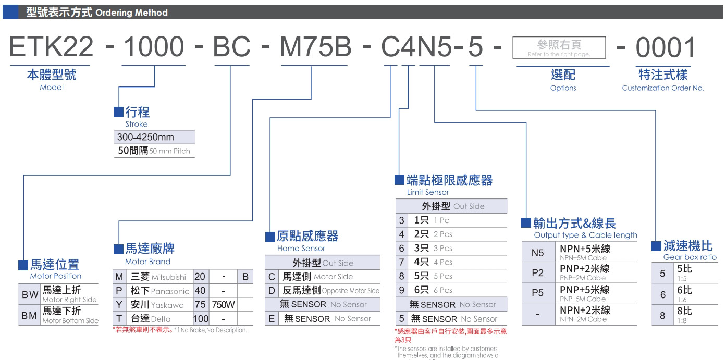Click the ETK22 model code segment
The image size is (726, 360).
point(51,47)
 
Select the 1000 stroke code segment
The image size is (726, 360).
point(153,47)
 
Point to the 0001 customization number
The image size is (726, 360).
point(666,47)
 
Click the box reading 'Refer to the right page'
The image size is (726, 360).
point(559,47)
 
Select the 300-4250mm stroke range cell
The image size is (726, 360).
point(146,138)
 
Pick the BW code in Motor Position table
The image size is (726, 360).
point(30,295)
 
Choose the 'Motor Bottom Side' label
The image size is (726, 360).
point(70,320)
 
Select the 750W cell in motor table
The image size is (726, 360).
point(223,305)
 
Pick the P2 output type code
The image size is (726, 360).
point(537,272)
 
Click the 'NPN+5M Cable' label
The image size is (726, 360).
point(583,258)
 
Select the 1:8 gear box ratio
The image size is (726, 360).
point(682,321)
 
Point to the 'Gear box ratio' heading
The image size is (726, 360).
point(690,257)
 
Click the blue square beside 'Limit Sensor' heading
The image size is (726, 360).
point(399,180)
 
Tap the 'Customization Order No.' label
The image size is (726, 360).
point(662,88)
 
